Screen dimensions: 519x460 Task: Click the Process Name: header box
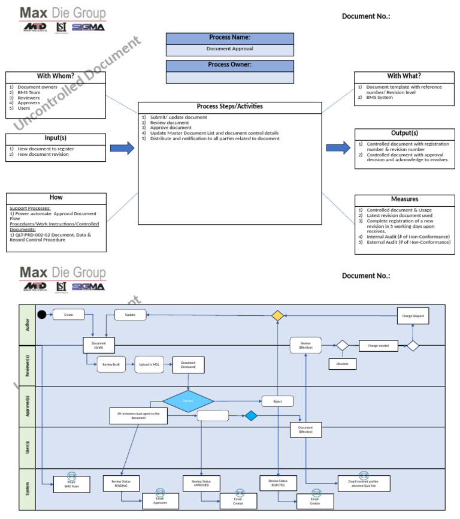pyautogui.click(x=229, y=38)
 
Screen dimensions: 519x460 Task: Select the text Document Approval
pyautogui.click(x=229, y=49)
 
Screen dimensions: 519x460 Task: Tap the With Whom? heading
pyautogui.click(x=56, y=76)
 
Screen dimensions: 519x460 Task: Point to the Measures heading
pyautogui.click(x=404, y=199)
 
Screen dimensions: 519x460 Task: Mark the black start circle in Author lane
pyautogui.click(x=42, y=314)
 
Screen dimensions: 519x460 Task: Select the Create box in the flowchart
pyautogui.click(x=68, y=314)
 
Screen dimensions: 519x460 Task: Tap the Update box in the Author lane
pyautogui.click(x=130, y=314)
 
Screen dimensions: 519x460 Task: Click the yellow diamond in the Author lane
pyautogui.click(x=277, y=315)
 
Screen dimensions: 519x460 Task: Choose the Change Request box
pyautogui.click(x=413, y=315)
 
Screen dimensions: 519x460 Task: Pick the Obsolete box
pyautogui.click(x=343, y=364)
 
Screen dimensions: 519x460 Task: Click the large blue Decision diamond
pyautogui.click(x=188, y=401)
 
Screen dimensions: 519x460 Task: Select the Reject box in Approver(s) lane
pyautogui.click(x=277, y=401)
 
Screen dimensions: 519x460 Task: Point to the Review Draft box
pyautogui.click(x=111, y=364)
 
